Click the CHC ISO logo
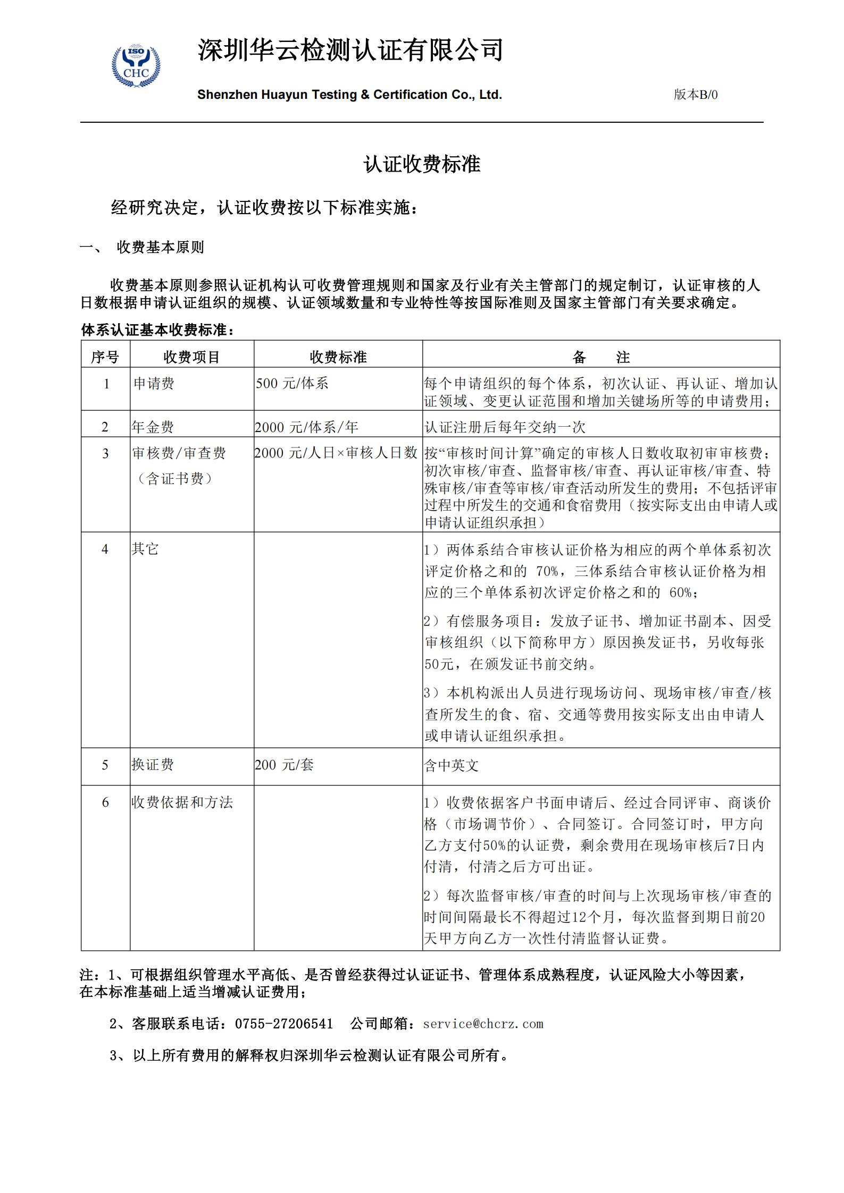(x=136, y=67)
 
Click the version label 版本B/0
(x=695, y=95)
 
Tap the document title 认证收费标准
(x=422, y=164)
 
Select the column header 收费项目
(x=191, y=357)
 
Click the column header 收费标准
(x=338, y=357)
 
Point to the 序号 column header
(x=105, y=357)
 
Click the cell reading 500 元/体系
(x=292, y=384)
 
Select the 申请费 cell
(x=154, y=384)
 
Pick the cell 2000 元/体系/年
(x=306, y=427)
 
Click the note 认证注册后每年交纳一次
(x=505, y=427)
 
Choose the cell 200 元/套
(x=284, y=765)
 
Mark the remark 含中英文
(x=452, y=765)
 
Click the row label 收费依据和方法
(x=182, y=802)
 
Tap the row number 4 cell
(x=105, y=549)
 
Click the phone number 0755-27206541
(x=284, y=1024)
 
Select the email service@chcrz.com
(x=483, y=1024)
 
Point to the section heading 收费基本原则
(x=160, y=248)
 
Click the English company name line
(x=349, y=95)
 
